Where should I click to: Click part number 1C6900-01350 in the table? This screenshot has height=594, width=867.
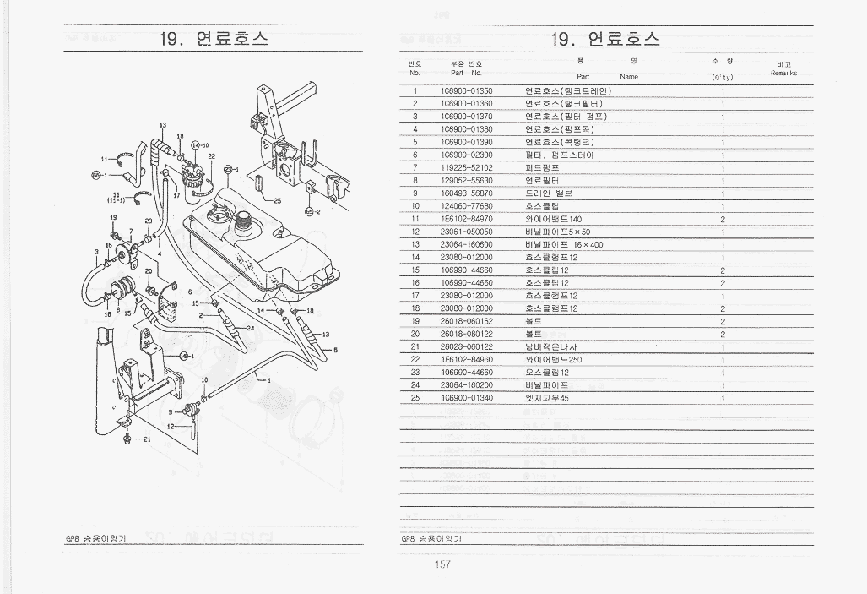[466, 90]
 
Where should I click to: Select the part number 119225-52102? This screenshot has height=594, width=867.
[466, 167]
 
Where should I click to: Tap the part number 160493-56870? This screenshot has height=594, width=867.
[466, 193]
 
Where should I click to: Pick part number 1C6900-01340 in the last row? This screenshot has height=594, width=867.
[466, 397]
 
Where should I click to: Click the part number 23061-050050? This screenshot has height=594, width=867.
[466, 232]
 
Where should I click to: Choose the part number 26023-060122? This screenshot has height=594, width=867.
[466, 346]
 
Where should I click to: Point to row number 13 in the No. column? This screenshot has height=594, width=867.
[415, 244]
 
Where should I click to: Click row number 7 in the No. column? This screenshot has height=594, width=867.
[415, 167]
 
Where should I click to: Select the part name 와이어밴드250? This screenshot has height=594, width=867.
[553, 359]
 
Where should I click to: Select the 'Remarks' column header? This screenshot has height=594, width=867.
[783, 72]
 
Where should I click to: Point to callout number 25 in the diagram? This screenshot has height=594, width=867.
[277, 200]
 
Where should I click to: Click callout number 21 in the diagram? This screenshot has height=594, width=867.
[146, 439]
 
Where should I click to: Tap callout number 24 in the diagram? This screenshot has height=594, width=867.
[250, 327]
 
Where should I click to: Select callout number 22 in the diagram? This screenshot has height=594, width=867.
[211, 157]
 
